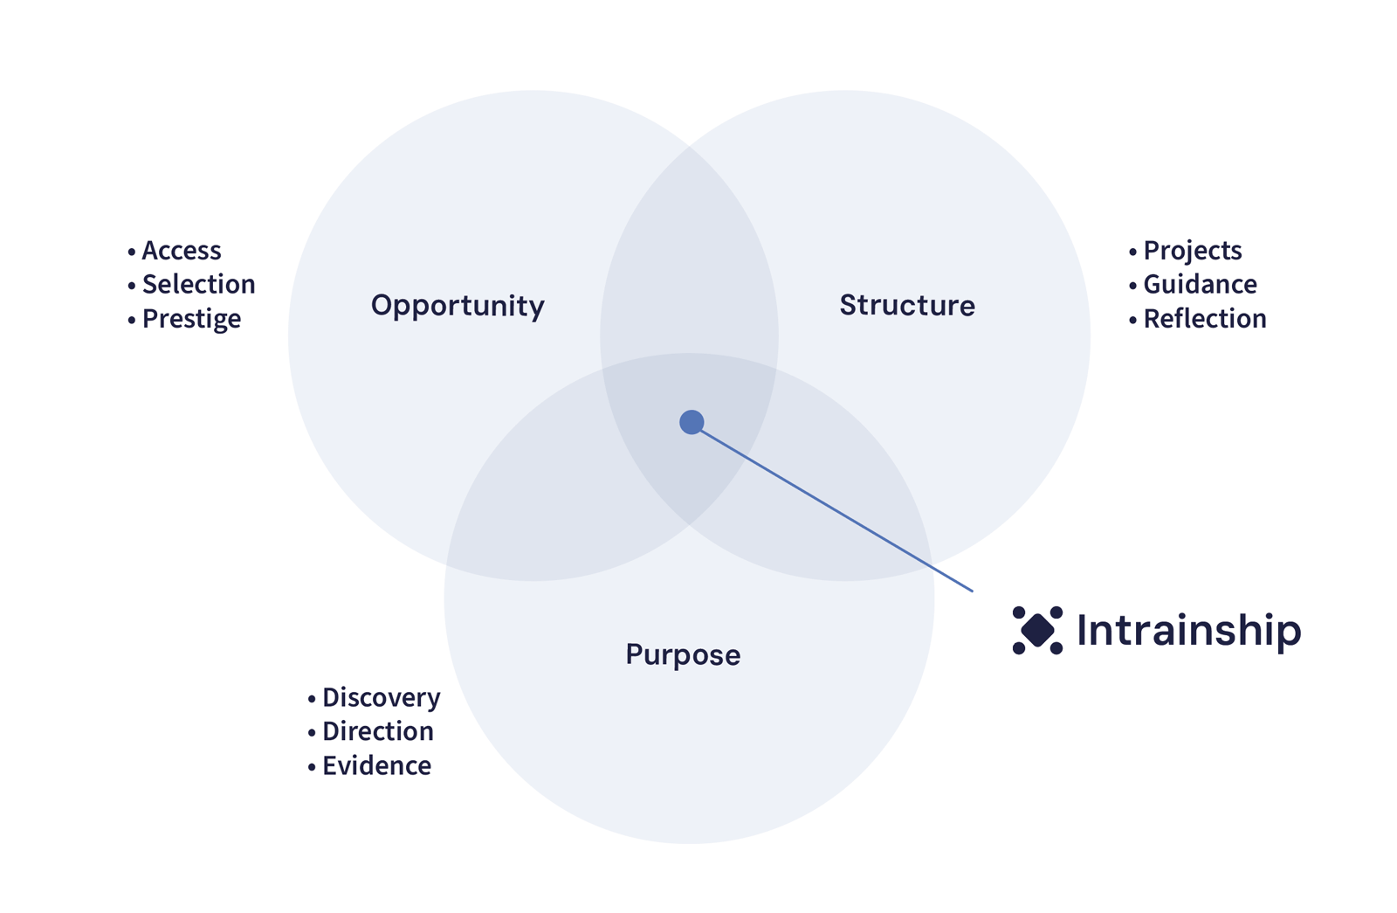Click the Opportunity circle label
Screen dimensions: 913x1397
tap(458, 306)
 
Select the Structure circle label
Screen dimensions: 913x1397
tap(907, 305)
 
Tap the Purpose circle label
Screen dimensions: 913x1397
tap(683, 654)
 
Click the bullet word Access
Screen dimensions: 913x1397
tap(182, 251)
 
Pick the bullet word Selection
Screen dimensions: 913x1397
tap(199, 284)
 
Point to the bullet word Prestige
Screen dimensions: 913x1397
tap(191, 319)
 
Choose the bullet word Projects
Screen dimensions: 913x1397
tap(1193, 251)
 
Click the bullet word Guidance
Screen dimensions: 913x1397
tap(1201, 284)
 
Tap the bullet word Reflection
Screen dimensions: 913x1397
tap(1205, 319)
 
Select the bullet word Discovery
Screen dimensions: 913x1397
tap(382, 697)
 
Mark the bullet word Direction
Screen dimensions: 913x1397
tap(378, 731)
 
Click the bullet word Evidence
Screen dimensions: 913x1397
tap(377, 765)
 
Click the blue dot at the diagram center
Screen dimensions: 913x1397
tap(692, 422)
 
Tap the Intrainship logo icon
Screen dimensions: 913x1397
tap(1037, 630)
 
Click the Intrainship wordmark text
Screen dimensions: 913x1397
tap(1188, 630)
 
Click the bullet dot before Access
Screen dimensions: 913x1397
tap(132, 252)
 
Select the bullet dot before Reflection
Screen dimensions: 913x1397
tap(1133, 320)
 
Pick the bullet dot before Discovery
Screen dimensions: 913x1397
tap(312, 699)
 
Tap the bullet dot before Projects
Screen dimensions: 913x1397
tap(1133, 252)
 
